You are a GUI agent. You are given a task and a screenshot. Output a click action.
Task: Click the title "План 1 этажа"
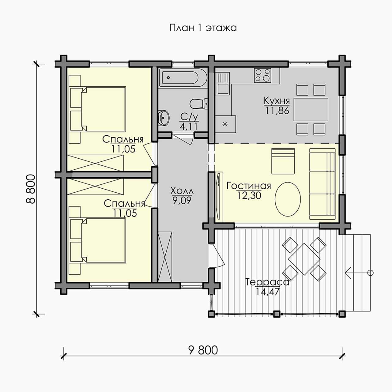pos(203,28)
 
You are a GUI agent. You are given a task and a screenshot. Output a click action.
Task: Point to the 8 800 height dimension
pos(31,189)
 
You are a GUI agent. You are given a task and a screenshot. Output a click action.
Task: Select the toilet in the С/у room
pos(198,104)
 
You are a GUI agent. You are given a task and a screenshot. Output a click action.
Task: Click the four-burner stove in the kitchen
pos(263,75)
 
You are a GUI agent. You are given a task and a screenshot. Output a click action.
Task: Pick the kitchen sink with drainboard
pos(223,83)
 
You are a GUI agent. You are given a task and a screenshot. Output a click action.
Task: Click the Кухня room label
pos(277,101)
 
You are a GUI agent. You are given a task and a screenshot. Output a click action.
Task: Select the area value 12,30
pos(249,195)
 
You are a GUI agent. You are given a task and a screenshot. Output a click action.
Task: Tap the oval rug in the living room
pos(288,199)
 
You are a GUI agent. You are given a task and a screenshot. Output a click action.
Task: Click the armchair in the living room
pos(283,161)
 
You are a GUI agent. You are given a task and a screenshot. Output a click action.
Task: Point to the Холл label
pos(182,191)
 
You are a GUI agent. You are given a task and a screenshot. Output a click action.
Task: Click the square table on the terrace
pos(304,259)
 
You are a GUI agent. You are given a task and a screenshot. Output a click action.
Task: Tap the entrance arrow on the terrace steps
pos(359,273)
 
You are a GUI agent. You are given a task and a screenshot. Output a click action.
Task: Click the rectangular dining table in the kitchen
pos(311,109)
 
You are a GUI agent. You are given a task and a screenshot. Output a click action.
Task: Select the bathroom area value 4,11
pos(189,126)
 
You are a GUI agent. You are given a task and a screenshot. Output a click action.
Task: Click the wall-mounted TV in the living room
pos(218,196)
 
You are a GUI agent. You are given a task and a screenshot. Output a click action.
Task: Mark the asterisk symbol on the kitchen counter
pos(225,124)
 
